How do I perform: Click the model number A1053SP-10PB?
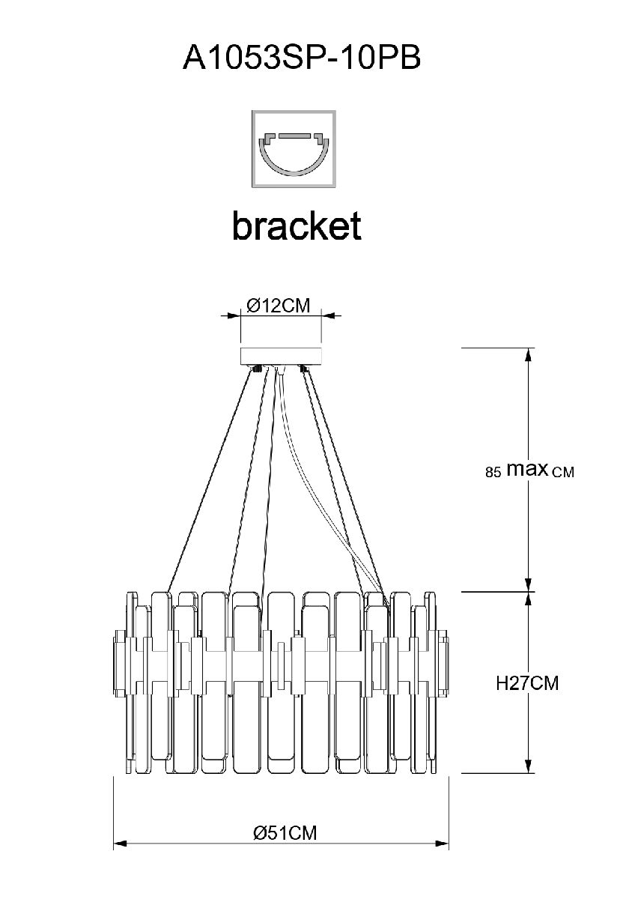coord(301,58)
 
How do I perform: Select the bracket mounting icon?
coord(294,149)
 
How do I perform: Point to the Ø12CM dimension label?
coord(279,306)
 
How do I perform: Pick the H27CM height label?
coord(527,683)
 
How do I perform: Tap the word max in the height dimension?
coord(527,470)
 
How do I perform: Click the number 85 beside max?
coord(493,473)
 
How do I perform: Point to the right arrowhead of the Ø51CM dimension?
coord(443,844)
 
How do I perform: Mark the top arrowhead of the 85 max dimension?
coord(529,354)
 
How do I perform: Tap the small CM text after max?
coord(562,473)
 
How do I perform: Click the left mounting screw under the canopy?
coord(257,368)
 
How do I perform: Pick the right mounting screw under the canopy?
coord(304,368)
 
